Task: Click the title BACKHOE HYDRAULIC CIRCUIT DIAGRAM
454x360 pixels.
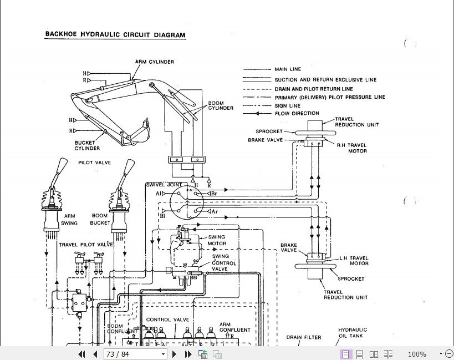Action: coord(115,35)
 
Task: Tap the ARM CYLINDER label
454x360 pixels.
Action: coord(154,62)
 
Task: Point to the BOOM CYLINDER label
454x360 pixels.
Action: coord(217,106)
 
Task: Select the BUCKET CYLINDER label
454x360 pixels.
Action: coord(88,145)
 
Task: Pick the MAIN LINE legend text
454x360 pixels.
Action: coord(288,70)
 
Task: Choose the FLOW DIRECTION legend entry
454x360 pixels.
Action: coord(297,114)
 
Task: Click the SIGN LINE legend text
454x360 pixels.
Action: coord(287,105)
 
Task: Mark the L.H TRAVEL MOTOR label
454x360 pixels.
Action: coord(355,260)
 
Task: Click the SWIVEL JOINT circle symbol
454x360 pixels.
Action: coord(182,201)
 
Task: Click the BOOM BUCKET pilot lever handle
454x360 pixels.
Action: coord(128,169)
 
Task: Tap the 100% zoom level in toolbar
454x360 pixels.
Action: coord(417,354)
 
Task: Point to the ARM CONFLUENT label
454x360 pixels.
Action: coord(234,327)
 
